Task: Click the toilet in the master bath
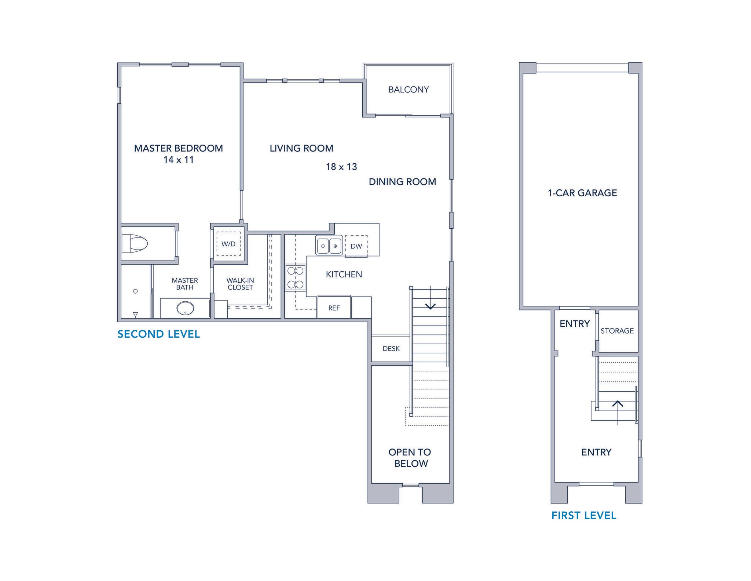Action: coord(135,243)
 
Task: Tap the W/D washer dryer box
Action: coord(228,244)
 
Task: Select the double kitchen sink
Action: coord(329,246)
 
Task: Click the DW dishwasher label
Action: coord(356,246)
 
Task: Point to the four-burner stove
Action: coord(296,277)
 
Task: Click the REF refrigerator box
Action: coord(334,308)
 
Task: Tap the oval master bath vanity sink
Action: coord(185,308)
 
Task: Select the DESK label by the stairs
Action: coord(391,348)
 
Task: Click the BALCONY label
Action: coord(409,90)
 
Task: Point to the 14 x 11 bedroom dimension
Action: coord(179,160)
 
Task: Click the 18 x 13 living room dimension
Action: coord(341,167)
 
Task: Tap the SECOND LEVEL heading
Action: coord(158,334)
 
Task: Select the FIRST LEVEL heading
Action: coord(584,515)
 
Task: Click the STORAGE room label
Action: coord(617,331)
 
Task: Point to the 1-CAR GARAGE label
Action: coord(582,193)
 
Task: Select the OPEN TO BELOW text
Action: coord(410,458)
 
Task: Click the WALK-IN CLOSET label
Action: coord(240,284)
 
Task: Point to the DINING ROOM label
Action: coord(402,182)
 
